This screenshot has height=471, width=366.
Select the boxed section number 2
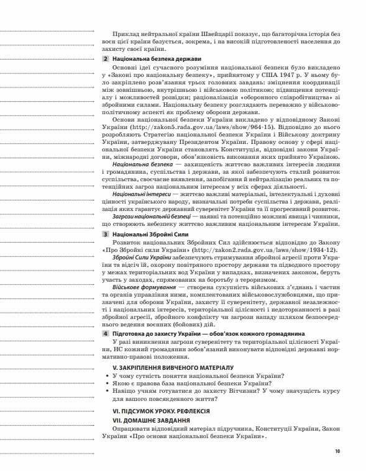[x=105, y=58]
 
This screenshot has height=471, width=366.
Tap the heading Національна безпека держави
[x=150, y=58]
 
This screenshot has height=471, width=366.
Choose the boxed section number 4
[x=105, y=334]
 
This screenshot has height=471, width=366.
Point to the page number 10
[x=337, y=451]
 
